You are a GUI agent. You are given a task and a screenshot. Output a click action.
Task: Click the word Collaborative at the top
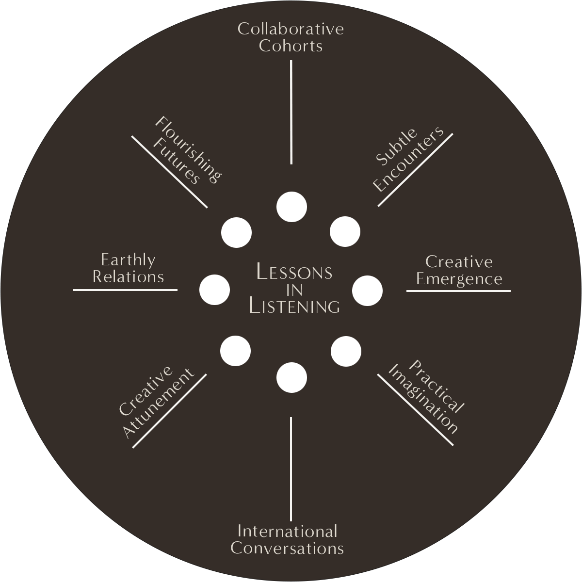291,29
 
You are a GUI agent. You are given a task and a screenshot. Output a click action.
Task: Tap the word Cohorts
291,46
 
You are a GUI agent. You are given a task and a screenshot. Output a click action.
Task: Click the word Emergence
459,279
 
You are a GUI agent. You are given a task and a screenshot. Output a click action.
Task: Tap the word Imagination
422,399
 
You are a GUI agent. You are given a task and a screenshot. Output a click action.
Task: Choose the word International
287,532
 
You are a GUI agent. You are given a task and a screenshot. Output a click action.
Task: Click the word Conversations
287,549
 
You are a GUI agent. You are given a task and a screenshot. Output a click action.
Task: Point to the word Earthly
128,260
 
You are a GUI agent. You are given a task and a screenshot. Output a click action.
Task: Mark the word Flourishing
188,149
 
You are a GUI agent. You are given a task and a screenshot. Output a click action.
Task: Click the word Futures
176,162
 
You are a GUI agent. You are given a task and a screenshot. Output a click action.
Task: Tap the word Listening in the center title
294,307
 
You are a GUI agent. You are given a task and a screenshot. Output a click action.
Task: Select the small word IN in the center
294,290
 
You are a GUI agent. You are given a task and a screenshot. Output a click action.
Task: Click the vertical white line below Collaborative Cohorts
291,112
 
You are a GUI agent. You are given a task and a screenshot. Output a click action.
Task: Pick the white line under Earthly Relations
125,290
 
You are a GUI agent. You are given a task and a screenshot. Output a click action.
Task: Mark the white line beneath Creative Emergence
458,291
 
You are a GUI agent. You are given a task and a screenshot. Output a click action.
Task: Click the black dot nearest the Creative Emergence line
367,291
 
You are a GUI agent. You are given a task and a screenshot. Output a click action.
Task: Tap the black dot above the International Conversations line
291,377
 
